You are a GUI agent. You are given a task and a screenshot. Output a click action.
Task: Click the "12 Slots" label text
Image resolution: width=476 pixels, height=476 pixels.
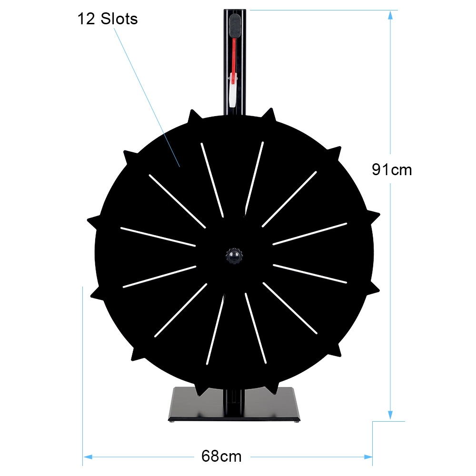(x=108, y=19)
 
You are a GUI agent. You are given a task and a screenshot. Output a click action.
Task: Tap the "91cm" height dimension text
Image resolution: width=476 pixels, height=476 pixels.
(x=392, y=169)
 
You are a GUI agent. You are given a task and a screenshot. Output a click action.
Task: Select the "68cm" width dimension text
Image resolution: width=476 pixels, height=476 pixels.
(x=221, y=456)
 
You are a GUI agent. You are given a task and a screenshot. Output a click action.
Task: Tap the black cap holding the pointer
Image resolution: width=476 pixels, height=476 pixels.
(x=235, y=25)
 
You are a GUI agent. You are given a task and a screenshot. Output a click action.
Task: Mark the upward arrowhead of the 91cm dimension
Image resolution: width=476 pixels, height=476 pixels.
(x=391, y=15)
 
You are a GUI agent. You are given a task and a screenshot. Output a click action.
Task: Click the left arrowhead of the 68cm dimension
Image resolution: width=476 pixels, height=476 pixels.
(x=87, y=456)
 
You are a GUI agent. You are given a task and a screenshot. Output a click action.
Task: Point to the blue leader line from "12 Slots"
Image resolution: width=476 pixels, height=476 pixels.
(x=148, y=95)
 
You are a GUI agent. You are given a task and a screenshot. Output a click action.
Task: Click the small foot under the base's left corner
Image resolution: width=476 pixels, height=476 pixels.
(x=171, y=421)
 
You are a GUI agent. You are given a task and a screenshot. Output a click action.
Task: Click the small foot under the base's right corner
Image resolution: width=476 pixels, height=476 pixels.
(x=298, y=421)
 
